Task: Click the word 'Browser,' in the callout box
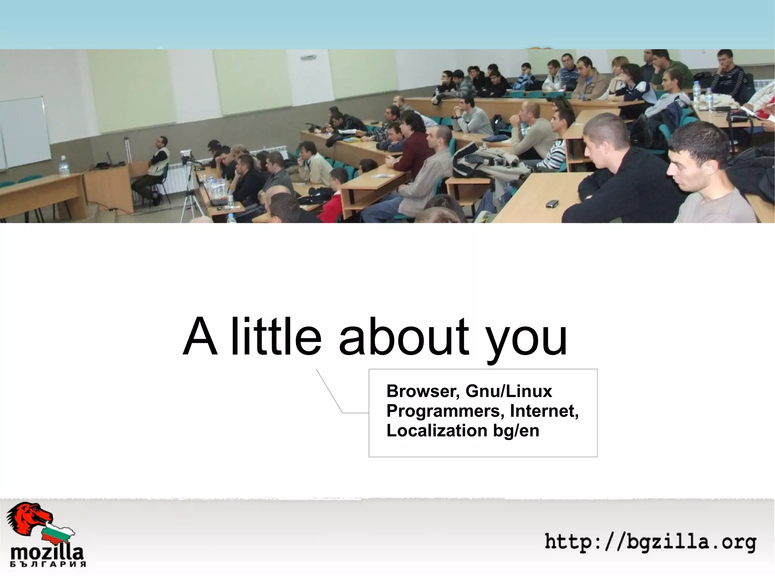(x=423, y=392)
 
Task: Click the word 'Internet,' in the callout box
(x=544, y=411)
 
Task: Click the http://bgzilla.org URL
(x=650, y=542)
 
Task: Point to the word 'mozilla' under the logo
(x=47, y=553)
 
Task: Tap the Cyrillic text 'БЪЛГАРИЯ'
(x=48, y=564)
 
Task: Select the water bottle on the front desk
(x=64, y=167)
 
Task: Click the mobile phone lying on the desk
(x=552, y=204)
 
